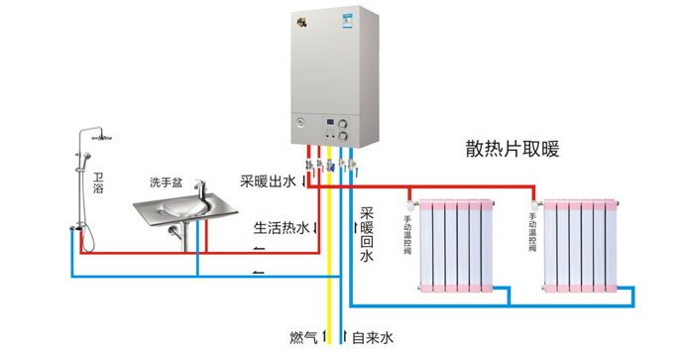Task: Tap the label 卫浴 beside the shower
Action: pos(98,181)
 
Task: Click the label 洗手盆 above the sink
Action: pos(166,182)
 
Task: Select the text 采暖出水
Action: pos(268,181)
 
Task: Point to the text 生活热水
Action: pos(282,227)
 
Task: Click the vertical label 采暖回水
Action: pos(366,234)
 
